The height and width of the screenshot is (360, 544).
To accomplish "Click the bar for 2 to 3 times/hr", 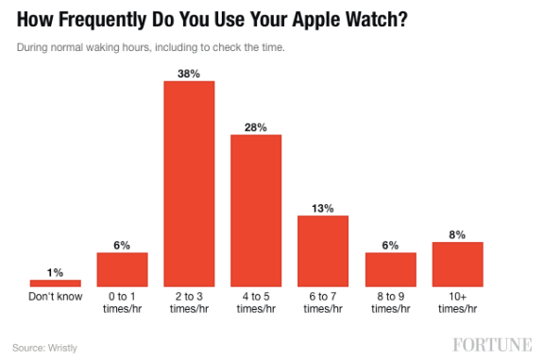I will [x=189, y=183].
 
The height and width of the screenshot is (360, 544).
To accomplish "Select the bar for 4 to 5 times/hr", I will [x=256, y=210].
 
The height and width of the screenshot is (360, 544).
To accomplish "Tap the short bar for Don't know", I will [x=55, y=283].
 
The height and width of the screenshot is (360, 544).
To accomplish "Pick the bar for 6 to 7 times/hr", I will [x=323, y=250].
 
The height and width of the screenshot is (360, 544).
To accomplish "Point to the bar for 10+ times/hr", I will [x=457, y=264].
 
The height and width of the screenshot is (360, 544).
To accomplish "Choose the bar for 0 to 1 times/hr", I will [x=122, y=268].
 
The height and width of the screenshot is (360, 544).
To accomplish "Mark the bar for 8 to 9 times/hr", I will [x=390, y=268].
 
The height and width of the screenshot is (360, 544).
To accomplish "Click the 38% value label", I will [x=189, y=72].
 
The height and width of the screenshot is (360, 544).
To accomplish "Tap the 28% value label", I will [x=256, y=126].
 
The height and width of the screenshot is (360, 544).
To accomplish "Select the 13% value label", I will [x=323, y=207].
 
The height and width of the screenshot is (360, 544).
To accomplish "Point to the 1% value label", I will [x=55, y=272].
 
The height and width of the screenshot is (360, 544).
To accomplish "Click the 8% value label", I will [x=457, y=233].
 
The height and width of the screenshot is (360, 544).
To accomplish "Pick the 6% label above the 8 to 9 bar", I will [x=390, y=244].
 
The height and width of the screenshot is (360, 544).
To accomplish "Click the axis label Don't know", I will [x=55, y=297].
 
